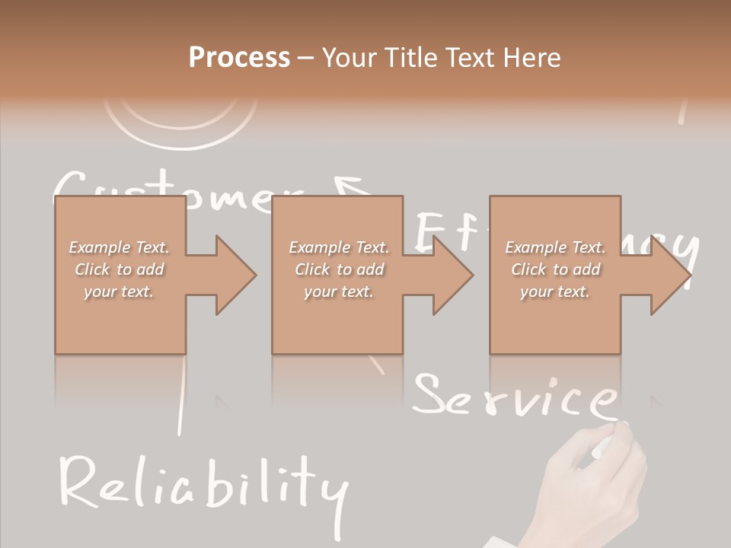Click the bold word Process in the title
[x=239, y=58]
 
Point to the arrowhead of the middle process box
[x=452, y=275]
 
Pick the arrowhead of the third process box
[x=670, y=275]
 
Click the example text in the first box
[x=120, y=269]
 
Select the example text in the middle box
[x=338, y=269]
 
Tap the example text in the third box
[x=555, y=269]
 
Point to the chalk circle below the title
[x=180, y=122]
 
